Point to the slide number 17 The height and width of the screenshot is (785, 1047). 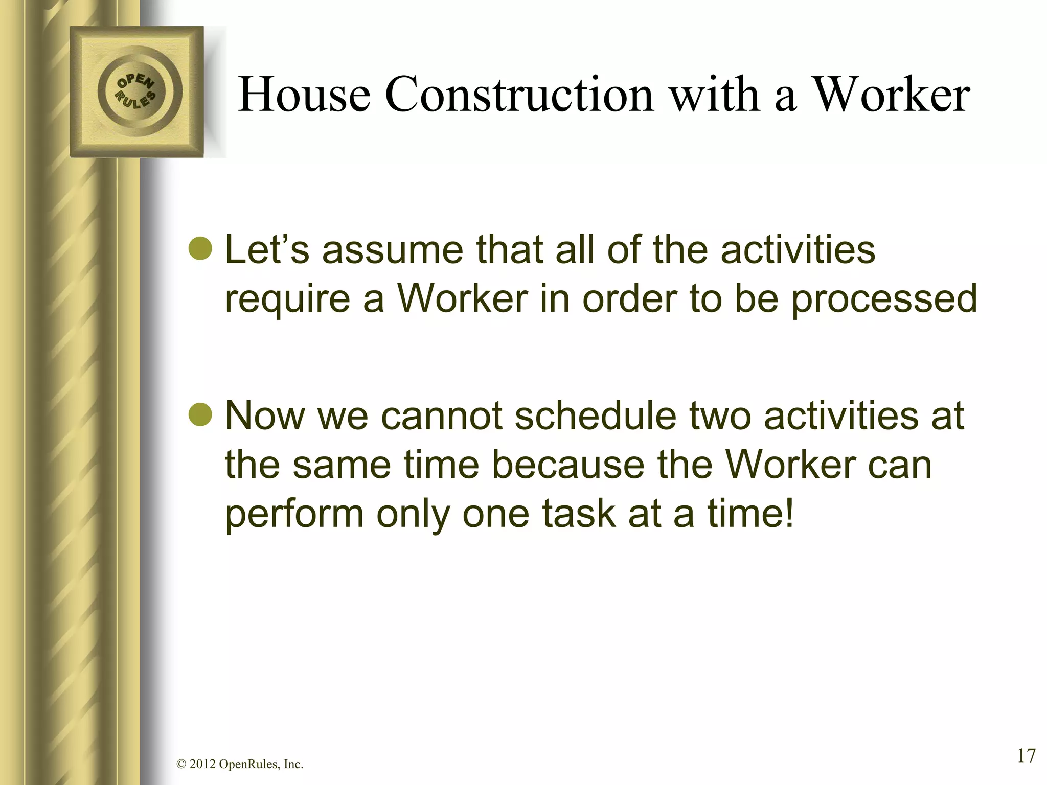(1026, 755)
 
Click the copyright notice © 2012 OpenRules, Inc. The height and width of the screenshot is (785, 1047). (240, 764)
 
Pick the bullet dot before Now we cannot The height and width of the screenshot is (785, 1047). (199, 415)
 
